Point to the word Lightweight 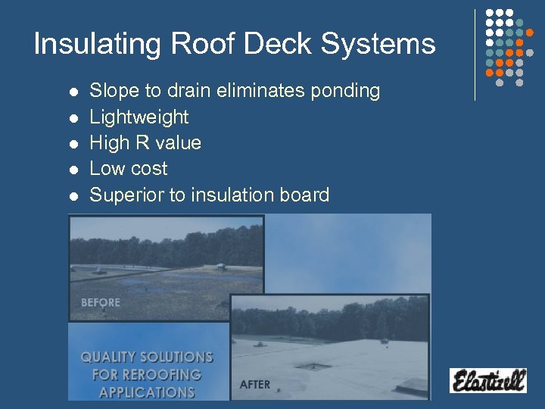point(139,117)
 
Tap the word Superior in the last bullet point(126,195)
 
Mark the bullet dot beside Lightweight point(73,118)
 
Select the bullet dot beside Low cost point(73,170)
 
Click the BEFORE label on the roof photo point(101,303)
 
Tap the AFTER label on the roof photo point(254,385)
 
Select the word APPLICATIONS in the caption point(147,392)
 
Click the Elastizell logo point(487,379)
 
